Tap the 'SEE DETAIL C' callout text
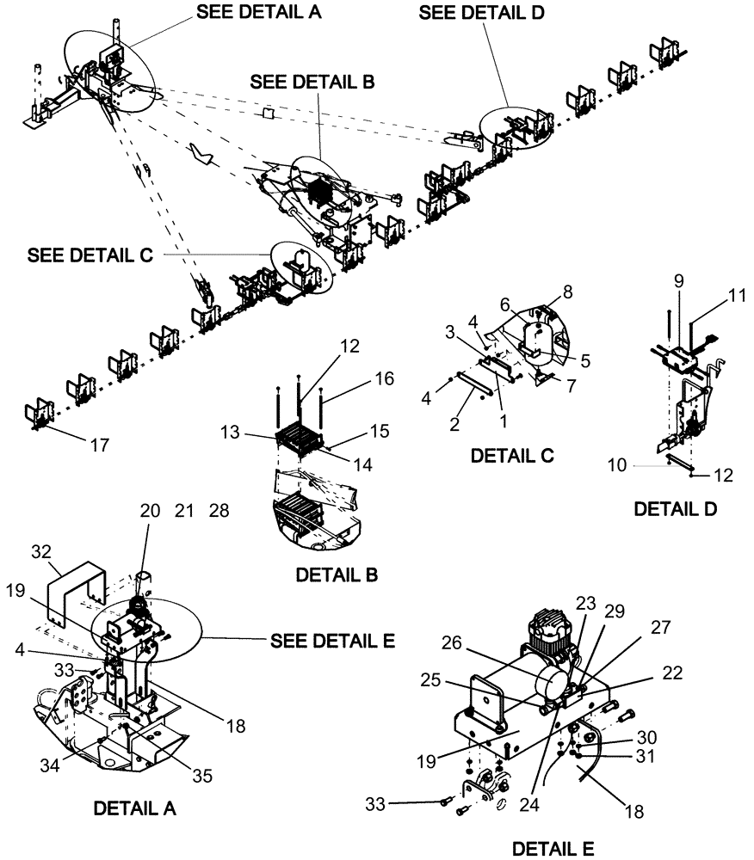pos(90,255)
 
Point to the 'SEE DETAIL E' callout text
pos(332,642)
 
